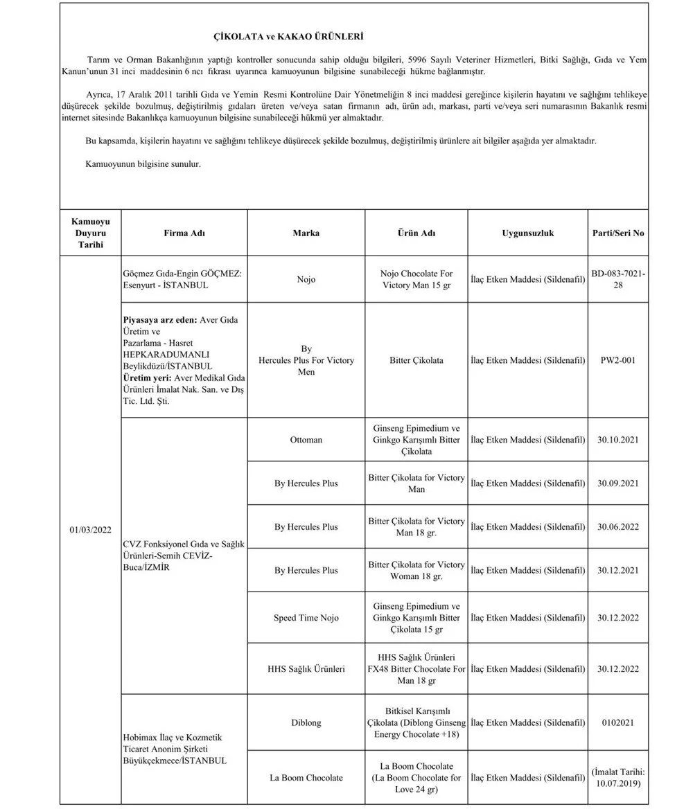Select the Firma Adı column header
tap(185, 233)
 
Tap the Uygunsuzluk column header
tap(527, 233)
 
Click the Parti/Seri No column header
tap(618, 233)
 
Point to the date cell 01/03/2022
tap(90, 530)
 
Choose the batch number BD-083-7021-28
tap(618, 280)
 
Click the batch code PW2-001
tap(618, 360)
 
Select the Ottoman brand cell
tap(306, 440)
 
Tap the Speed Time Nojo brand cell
tap(306, 618)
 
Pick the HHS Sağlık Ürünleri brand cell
tap(306, 670)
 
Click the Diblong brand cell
tap(306, 723)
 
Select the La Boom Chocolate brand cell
tap(306, 778)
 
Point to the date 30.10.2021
tap(618, 440)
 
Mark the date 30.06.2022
tap(618, 527)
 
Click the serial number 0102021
tap(618, 723)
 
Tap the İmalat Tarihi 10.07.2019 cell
tap(618, 778)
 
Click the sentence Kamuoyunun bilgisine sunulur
tap(143, 165)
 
